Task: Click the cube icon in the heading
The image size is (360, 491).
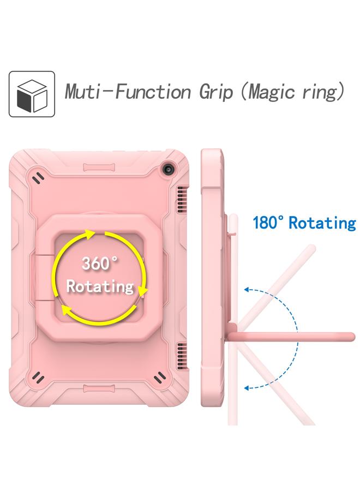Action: click(32, 94)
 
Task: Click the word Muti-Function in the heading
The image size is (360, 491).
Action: click(128, 92)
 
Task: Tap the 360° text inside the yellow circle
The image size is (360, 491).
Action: click(100, 263)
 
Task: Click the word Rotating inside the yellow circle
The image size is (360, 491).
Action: click(100, 286)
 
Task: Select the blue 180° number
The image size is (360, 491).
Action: click(269, 223)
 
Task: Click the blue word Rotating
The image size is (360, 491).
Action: click(322, 223)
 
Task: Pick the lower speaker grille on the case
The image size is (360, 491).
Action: click(182, 355)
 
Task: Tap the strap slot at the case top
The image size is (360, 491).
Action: click(102, 167)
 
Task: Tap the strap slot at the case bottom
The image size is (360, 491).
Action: click(102, 389)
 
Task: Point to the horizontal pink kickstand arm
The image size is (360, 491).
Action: click(292, 337)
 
